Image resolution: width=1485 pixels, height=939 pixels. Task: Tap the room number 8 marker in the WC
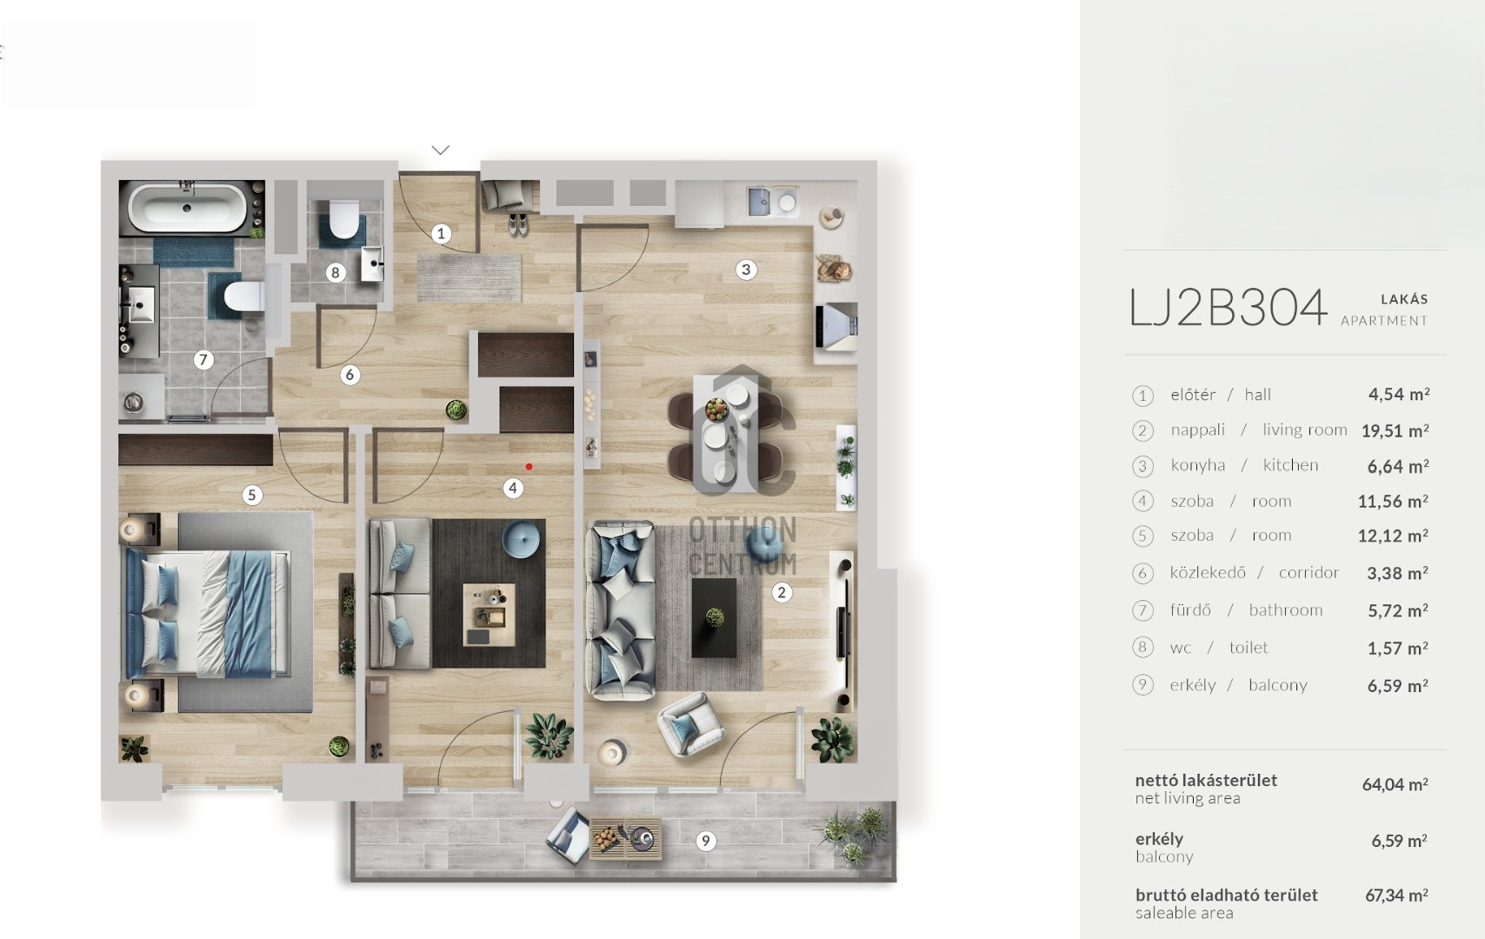[336, 273]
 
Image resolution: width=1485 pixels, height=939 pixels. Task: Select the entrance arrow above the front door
[441, 150]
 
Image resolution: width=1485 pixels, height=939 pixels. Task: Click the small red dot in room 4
[529, 467]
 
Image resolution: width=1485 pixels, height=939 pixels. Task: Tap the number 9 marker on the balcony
[706, 841]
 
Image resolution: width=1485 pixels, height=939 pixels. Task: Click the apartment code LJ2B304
[1228, 308]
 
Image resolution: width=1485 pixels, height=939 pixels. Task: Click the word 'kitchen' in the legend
[1290, 465]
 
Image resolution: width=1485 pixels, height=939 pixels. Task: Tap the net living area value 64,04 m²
[1395, 784]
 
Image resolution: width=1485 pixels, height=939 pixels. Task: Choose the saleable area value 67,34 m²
[1396, 895]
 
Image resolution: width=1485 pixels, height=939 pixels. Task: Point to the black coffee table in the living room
[714, 618]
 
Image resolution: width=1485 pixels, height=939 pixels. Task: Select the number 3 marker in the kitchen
[745, 270]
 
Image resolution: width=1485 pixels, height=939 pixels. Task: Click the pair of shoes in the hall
[517, 224]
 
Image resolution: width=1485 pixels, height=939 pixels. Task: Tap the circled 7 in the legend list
[1142, 610]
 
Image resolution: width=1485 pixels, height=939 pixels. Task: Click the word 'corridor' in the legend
[1309, 572]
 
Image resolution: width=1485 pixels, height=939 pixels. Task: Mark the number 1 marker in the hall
[441, 233]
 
